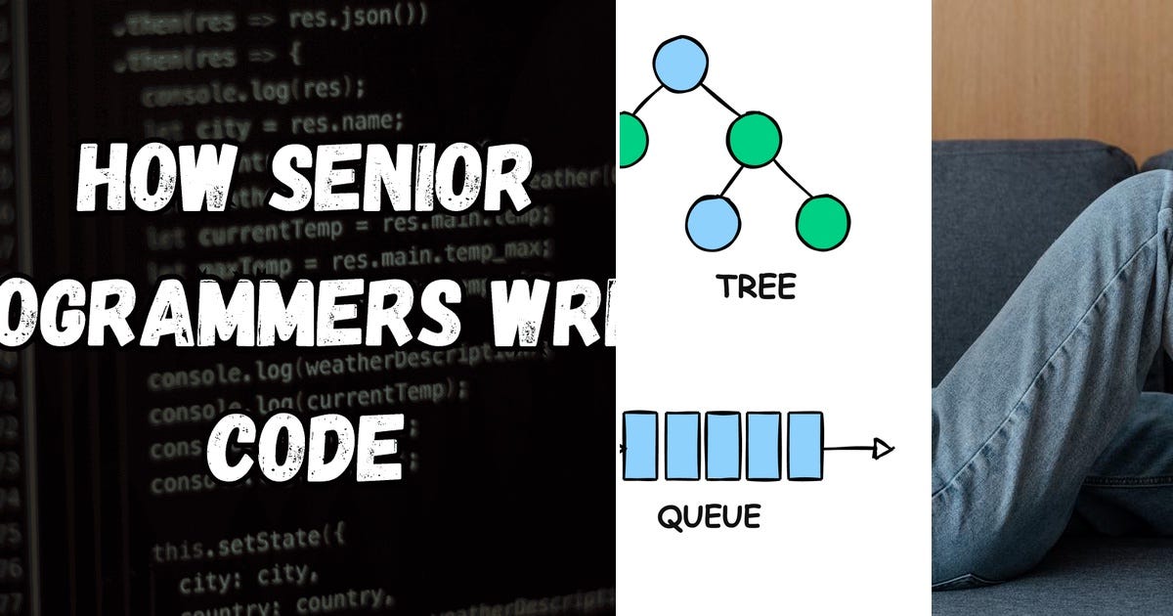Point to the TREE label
(x=756, y=286)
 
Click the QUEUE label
(x=709, y=515)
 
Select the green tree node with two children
(x=755, y=139)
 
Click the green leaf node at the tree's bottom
(x=822, y=222)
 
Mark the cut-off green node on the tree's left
(x=630, y=139)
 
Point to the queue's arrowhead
(x=884, y=449)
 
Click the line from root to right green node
(x=717, y=100)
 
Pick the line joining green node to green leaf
(x=789, y=180)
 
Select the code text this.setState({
(x=249, y=542)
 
